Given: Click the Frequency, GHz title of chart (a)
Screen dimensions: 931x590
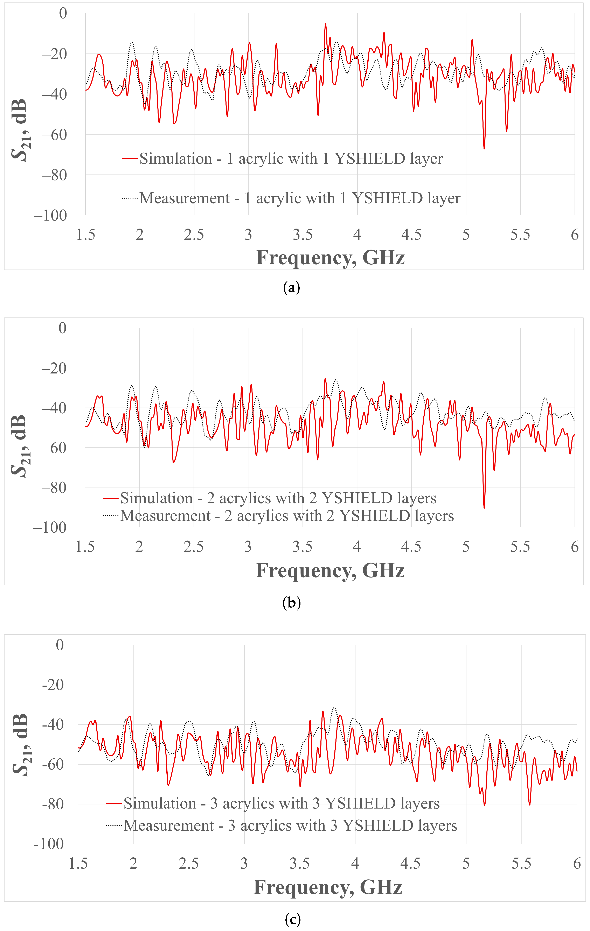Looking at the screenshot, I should pyautogui.click(x=330, y=258).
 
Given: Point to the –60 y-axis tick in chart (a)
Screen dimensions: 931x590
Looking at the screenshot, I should pyautogui.click(x=54, y=135).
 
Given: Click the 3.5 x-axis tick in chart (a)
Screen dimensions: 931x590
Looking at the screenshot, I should pyautogui.click(x=303, y=235).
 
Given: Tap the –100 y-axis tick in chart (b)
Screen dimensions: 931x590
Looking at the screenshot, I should pyautogui.click(x=50, y=527).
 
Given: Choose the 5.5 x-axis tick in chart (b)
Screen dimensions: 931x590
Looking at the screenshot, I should pyautogui.click(x=520, y=547).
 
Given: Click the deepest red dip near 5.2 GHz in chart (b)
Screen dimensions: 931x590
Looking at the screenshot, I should pyautogui.click(x=484, y=507).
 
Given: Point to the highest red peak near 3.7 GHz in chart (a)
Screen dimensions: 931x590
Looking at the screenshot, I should pyautogui.click(x=325, y=24).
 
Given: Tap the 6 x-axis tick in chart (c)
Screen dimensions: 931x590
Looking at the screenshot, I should pyautogui.click(x=576, y=863).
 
